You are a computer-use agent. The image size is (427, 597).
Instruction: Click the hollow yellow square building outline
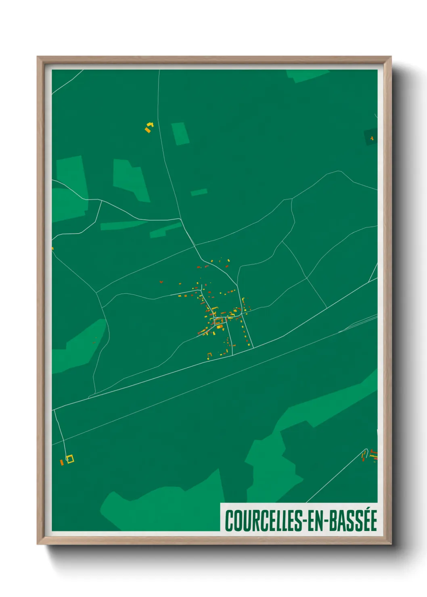pos(70,459)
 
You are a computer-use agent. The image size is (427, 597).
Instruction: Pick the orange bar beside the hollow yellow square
pos(62,462)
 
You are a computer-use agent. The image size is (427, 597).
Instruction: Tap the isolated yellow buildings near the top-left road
pos(149,127)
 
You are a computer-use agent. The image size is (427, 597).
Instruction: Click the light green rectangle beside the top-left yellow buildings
pos(180,134)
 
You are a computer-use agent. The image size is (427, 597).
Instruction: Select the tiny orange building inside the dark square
pos(372,138)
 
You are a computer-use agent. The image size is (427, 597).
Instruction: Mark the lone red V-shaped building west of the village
pos(161,282)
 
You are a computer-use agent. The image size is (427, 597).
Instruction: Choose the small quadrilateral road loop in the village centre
pos(218,321)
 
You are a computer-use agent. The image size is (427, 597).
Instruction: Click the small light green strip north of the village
pos(199,192)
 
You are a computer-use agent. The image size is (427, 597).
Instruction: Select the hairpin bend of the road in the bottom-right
pos(366,450)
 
